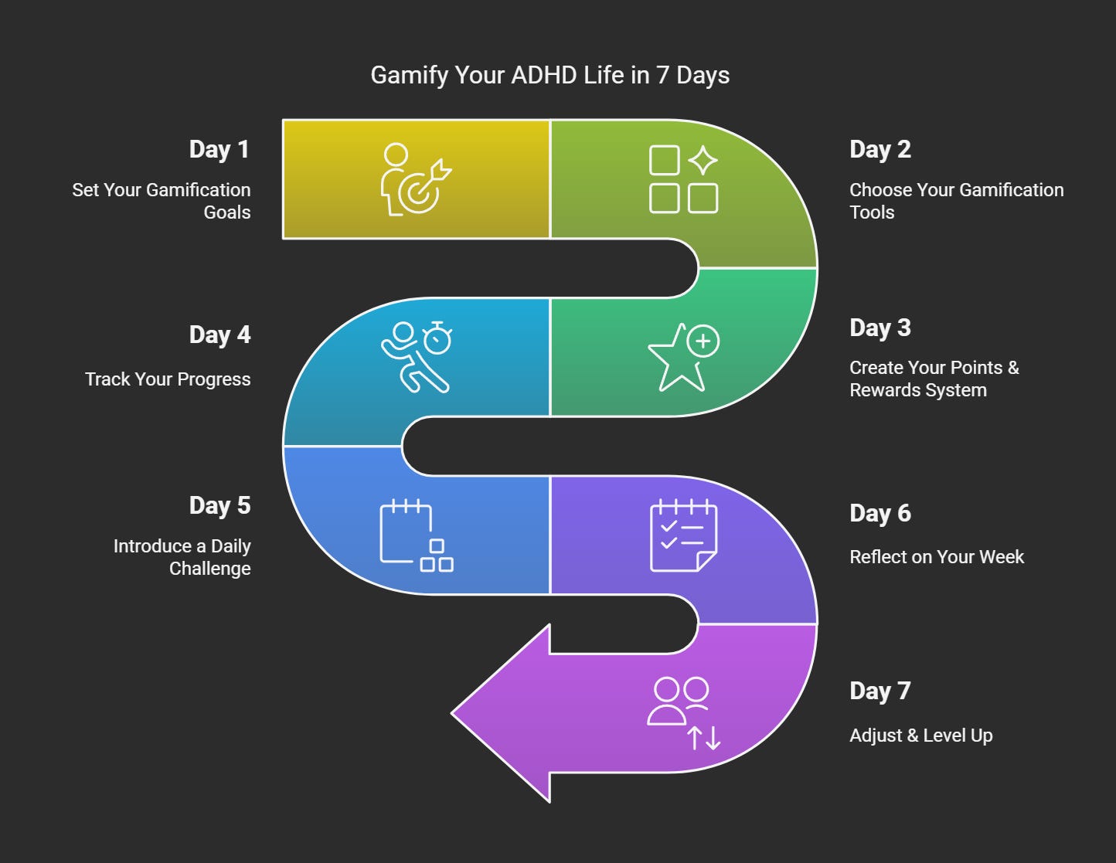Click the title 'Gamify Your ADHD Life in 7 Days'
(x=549, y=75)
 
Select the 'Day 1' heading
(x=219, y=149)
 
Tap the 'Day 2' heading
(x=880, y=149)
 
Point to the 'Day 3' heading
(x=880, y=328)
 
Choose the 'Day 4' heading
(x=219, y=335)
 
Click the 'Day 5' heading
(x=219, y=505)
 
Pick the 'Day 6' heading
(x=880, y=513)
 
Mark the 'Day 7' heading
(x=880, y=691)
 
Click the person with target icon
(x=416, y=179)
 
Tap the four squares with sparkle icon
(x=683, y=179)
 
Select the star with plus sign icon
(x=683, y=357)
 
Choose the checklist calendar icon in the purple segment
(x=683, y=535)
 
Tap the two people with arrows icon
(x=683, y=713)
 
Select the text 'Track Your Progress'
(x=168, y=379)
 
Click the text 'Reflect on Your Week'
(x=937, y=557)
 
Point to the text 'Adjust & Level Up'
(x=920, y=736)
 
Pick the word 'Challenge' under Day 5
(x=210, y=569)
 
